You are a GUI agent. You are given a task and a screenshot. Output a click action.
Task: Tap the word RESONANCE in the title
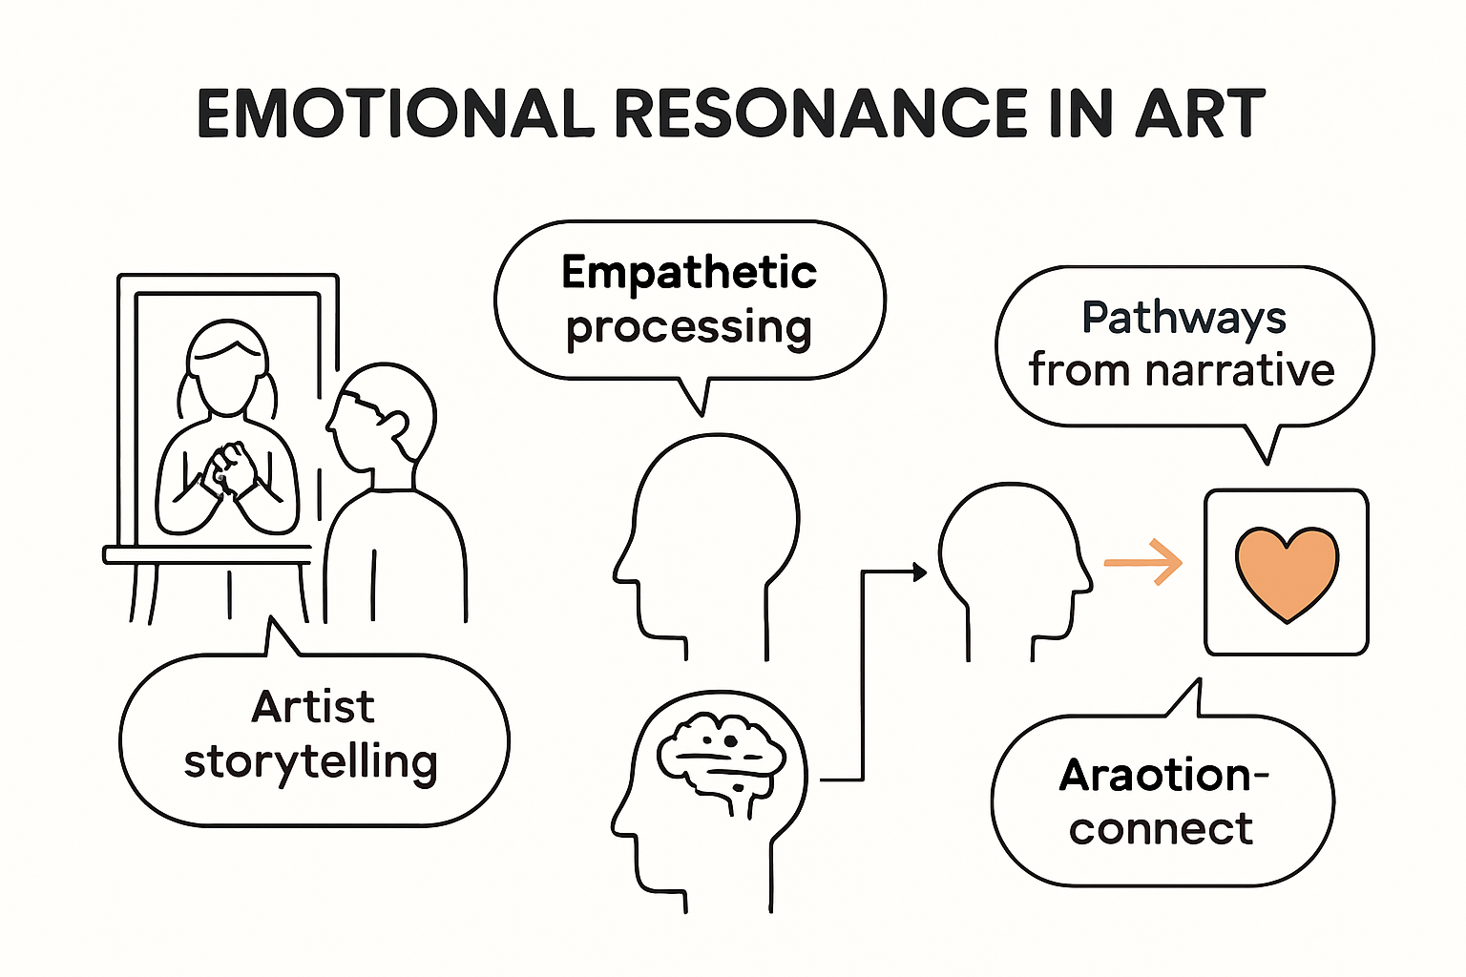pos(820,114)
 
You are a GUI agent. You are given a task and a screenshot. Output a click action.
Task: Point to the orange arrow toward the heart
pos(1142,562)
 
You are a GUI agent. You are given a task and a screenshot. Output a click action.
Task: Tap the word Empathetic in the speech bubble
pos(689,273)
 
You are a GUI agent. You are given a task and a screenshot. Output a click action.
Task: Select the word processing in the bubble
pos(689,327)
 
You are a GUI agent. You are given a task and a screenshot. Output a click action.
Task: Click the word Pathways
pos(1183,319)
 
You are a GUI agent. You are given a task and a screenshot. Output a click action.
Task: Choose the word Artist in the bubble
pos(313,707)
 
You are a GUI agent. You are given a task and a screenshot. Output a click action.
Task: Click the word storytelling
pos(311,762)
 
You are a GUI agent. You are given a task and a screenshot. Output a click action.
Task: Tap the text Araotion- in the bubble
pos(1162,775)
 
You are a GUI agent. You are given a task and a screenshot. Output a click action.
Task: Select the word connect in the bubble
pos(1161,828)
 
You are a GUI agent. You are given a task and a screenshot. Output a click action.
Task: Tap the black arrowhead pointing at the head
pos(919,572)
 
